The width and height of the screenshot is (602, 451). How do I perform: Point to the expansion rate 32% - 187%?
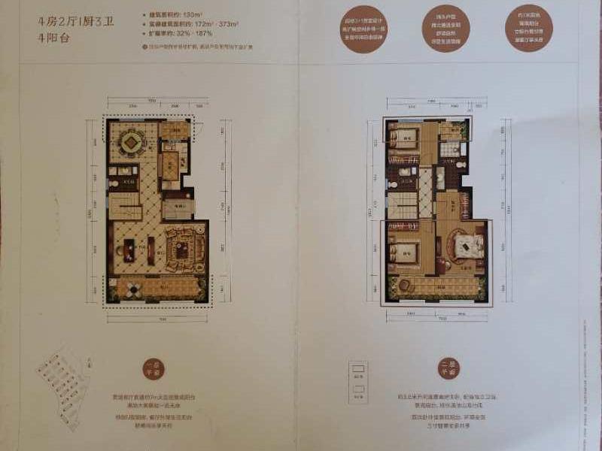pos(191,33)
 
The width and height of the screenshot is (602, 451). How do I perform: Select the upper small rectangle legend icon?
pos(358,369)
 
